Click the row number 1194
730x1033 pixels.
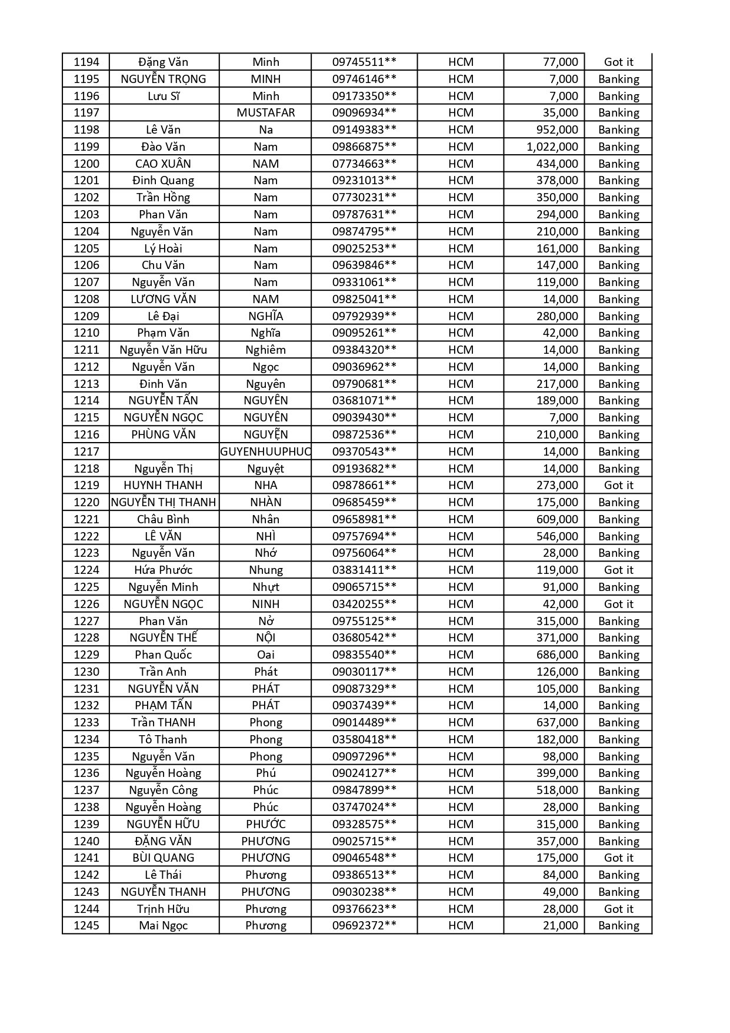coord(86,62)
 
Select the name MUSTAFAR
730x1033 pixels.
coord(265,112)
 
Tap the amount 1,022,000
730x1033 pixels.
coord(552,147)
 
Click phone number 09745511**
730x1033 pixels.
coord(364,62)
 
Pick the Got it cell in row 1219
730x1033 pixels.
coord(618,485)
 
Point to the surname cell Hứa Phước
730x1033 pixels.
coord(163,570)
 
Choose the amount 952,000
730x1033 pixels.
coord(556,129)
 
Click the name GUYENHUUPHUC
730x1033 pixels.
coord(265,451)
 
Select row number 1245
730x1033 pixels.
coord(86,925)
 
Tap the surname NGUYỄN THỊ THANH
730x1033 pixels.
coord(164,502)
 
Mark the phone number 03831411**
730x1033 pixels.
coord(364,570)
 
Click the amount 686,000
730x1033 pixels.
coord(556,655)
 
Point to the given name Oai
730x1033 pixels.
coord(265,655)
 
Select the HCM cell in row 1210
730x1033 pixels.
coord(461,333)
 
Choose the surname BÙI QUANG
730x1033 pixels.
coord(163,858)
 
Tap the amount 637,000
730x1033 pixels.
coord(556,722)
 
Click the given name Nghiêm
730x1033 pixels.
coord(265,350)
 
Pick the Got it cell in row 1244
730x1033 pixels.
coord(618,909)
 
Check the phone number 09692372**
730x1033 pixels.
coord(364,925)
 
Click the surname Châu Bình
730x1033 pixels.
coord(163,519)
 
